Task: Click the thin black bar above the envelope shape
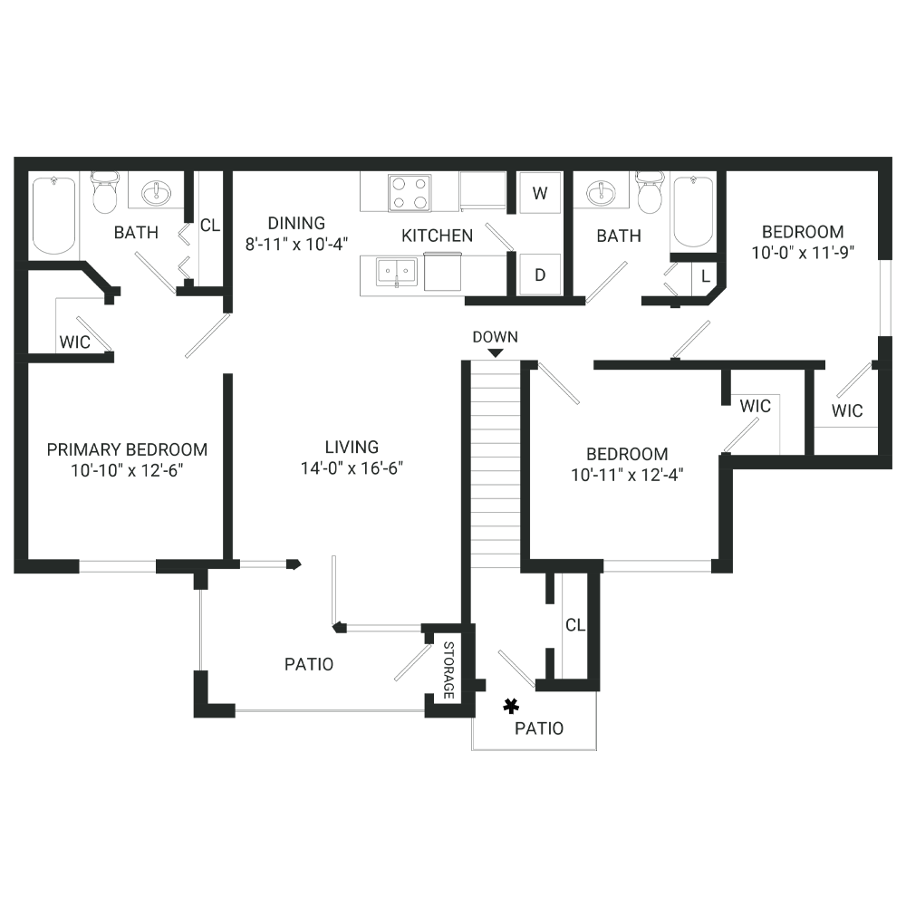click(444, 248)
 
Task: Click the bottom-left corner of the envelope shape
click(421, 290)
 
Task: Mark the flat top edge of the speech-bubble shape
click(410, 174)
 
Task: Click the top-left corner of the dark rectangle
click(14, 158)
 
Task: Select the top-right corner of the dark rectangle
click(892, 158)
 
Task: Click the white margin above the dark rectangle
click(453, 77)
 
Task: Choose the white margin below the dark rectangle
click(453, 829)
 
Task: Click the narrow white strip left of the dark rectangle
click(6, 453)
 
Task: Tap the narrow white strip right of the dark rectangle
click(899, 453)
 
